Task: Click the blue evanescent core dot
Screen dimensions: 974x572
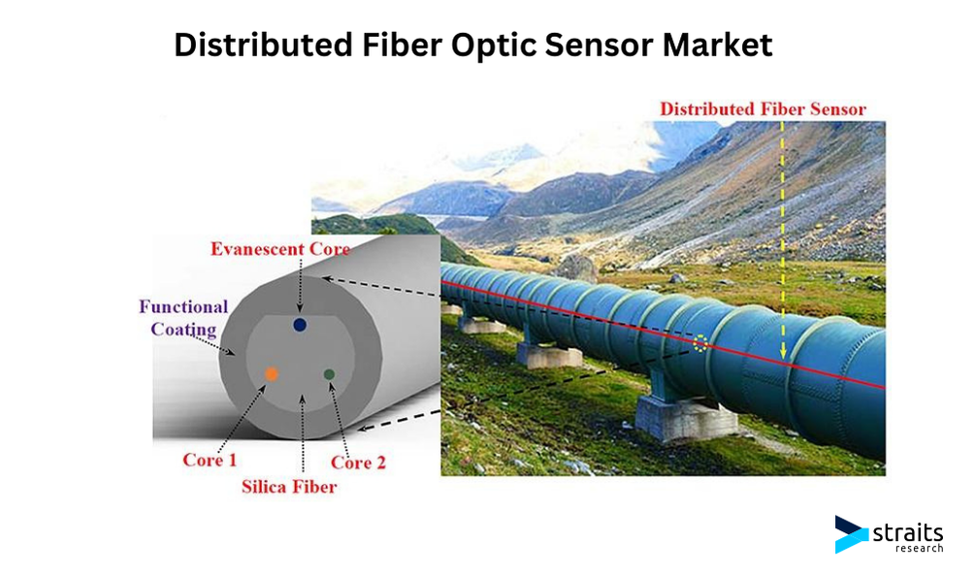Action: click(300, 325)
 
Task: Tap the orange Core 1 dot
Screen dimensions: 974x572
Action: click(272, 374)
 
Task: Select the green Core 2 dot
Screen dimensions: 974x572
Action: click(329, 374)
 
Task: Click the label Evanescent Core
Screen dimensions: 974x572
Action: click(280, 249)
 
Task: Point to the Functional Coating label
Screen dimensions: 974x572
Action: click(183, 318)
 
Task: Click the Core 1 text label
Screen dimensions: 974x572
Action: click(210, 461)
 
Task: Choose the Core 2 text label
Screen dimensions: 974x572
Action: click(358, 462)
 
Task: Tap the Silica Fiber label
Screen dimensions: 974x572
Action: click(289, 487)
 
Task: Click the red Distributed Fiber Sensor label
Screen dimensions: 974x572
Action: click(763, 110)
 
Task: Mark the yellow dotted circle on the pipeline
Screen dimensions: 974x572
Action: click(700, 343)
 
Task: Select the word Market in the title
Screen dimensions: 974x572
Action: click(717, 46)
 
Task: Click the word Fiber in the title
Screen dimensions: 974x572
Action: click(402, 46)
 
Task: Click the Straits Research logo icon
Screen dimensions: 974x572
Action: click(852, 534)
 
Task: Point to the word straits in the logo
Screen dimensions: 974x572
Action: click(908, 532)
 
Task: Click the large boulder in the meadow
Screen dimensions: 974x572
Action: click(577, 268)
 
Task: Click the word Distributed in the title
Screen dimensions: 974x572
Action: click(263, 46)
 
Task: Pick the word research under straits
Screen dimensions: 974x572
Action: click(920, 548)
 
